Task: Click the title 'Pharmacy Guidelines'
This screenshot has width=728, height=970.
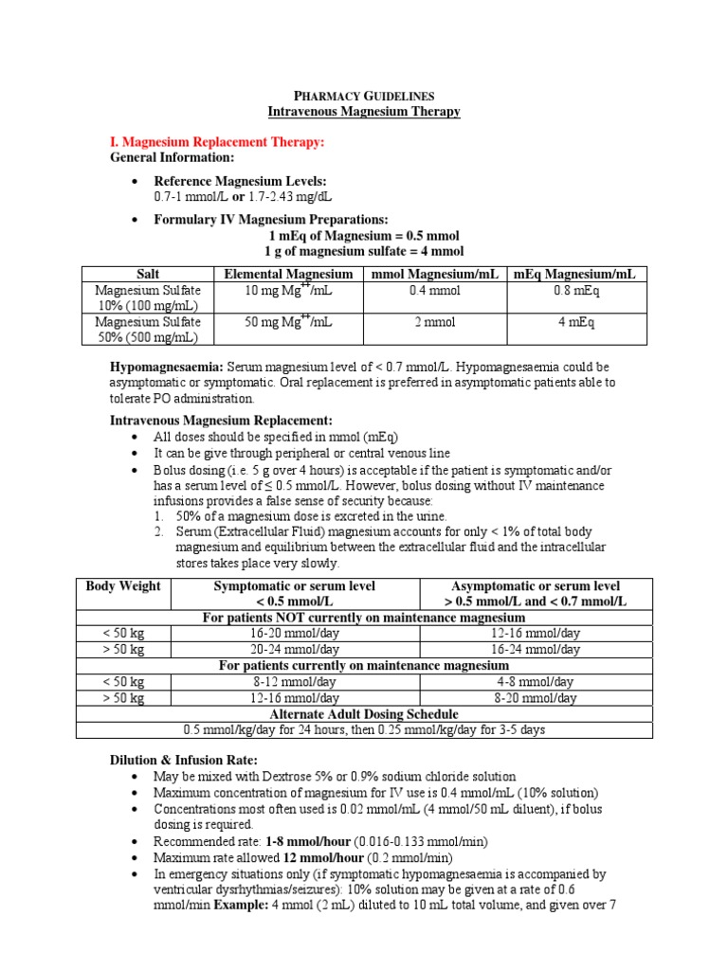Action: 364,96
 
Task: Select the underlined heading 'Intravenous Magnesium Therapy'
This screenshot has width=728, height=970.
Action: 364,112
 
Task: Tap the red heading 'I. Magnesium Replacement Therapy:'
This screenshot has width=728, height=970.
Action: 217,142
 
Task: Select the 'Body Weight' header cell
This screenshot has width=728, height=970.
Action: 123,586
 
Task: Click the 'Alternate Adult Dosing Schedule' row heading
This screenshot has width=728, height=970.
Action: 364,714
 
